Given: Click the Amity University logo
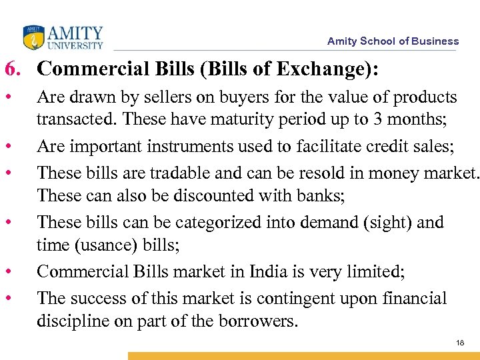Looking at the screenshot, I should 63,37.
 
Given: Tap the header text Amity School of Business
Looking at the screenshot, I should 393,41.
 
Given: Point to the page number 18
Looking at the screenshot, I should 460,342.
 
